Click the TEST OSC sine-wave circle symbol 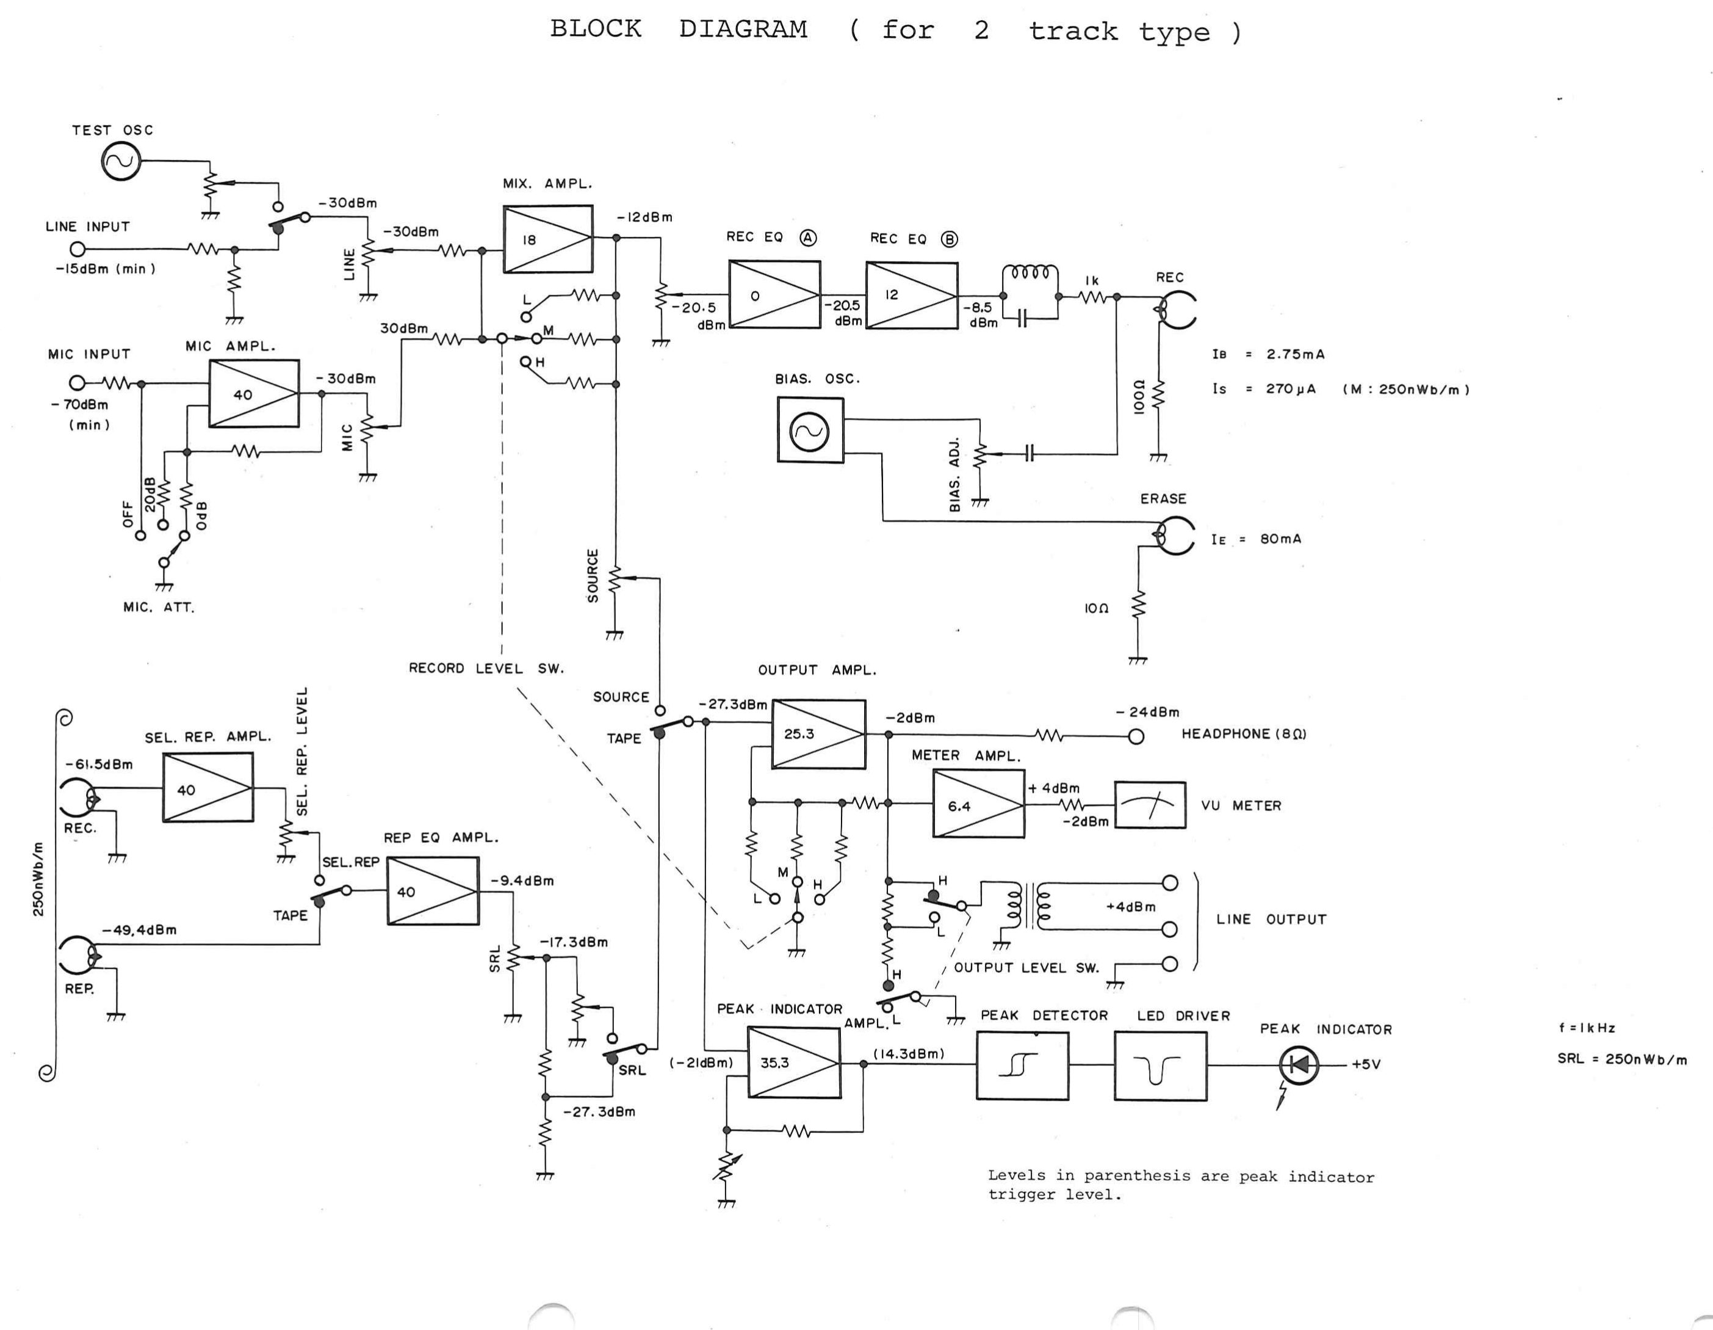(121, 162)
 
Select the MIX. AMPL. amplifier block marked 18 (547, 239)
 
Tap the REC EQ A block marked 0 (774, 294)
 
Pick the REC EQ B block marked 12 (911, 295)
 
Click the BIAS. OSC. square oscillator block (810, 430)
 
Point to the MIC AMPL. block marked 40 (253, 394)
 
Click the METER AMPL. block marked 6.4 (978, 804)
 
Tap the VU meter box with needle (1150, 805)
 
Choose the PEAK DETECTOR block (1022, 1066)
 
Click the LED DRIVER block (1160, 1066)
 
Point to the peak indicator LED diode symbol (1299, 1065)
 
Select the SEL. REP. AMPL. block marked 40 (208, 788)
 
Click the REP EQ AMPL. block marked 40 (432, 890)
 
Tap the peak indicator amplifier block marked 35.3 (793, 1063)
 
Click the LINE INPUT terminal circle (77, 250)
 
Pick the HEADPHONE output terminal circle (1136, 736)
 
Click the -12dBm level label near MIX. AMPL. (644, 217)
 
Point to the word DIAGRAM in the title (743, 29)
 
